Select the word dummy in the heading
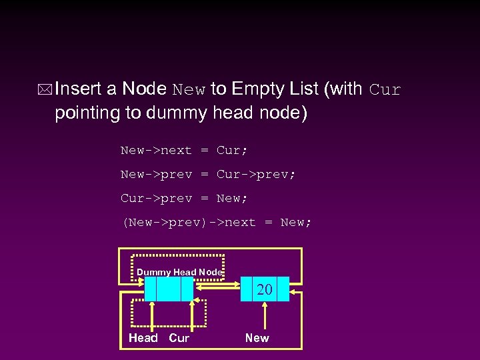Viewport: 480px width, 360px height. (181, 113)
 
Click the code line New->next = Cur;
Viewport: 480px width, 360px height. (180, 151)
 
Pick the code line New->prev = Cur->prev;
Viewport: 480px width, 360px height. (207, 175)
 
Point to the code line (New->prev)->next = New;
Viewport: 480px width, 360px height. (216, 223)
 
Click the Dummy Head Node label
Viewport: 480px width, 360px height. (179, 272)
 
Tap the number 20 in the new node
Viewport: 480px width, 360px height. (265, 289)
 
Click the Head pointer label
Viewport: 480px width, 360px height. (143, 338)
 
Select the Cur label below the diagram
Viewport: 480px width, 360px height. (179, 338)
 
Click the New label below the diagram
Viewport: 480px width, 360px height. (257, 338)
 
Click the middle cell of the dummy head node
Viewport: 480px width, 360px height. (168, 289)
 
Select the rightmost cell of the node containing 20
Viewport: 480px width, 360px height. (283, 289)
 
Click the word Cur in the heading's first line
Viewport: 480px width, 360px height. (385, 89)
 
